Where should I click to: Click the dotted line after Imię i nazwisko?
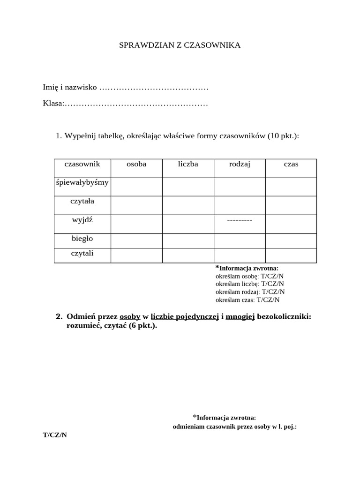(154, 88)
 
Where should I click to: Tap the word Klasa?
(52, 103)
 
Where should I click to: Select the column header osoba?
(136, 164)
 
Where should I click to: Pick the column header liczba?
(188, 164)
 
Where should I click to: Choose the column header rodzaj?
(240, 164)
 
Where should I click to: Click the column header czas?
(291, 164)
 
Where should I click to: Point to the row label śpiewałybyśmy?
(82, 182)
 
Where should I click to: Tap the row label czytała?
(82, 201)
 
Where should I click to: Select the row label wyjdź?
(82, 220)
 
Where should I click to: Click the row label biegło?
(82, 239)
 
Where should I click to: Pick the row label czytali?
(82, 253)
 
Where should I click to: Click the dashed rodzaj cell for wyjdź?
(240, 220)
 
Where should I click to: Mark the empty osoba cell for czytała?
(136, 205)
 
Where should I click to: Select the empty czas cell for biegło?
(291, 240)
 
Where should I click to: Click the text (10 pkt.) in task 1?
(283, 136)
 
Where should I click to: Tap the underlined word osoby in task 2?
(130, 316)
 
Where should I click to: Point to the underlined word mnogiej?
(240, 316)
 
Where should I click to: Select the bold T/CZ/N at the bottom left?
(55, 435)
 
